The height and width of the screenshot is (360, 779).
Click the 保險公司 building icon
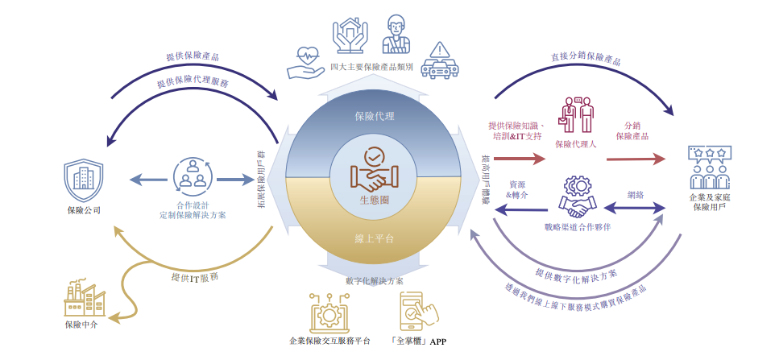coord(85,179)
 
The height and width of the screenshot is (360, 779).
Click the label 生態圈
coord(375,199)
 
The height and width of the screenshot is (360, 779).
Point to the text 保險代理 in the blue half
coord(375,116)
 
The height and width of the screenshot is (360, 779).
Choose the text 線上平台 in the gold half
coord(375,239)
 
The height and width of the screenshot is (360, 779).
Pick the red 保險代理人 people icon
coord(577,117)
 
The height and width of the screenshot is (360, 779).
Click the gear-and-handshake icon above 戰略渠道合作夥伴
coord(577,197)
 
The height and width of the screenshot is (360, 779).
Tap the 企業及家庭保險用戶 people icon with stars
coord(709,166)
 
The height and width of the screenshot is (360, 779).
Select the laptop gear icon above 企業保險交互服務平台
coord(330,313)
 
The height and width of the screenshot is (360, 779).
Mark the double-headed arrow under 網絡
coord(636,209)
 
